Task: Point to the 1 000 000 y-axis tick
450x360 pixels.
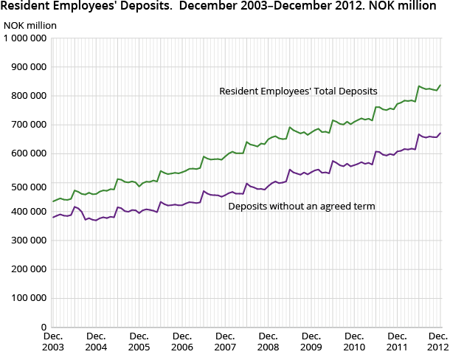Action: coord(26,38)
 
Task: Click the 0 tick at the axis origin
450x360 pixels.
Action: coord(45,326)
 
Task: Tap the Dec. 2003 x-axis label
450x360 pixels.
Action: coord(52,341)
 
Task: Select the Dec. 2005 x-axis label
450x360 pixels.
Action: coord(139,341)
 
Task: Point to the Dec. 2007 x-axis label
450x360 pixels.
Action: coord(225,341)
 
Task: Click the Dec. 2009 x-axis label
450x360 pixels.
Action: coord(311,341)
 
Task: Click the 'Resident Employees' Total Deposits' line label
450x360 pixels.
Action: coord(298,91)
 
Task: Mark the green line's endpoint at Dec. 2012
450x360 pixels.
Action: coord(441,85)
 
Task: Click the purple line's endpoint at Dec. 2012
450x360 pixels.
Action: coord(441,133)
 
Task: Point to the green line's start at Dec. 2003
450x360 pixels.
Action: coord(53,201)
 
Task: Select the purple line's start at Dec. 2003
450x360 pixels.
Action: coord(53,217)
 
